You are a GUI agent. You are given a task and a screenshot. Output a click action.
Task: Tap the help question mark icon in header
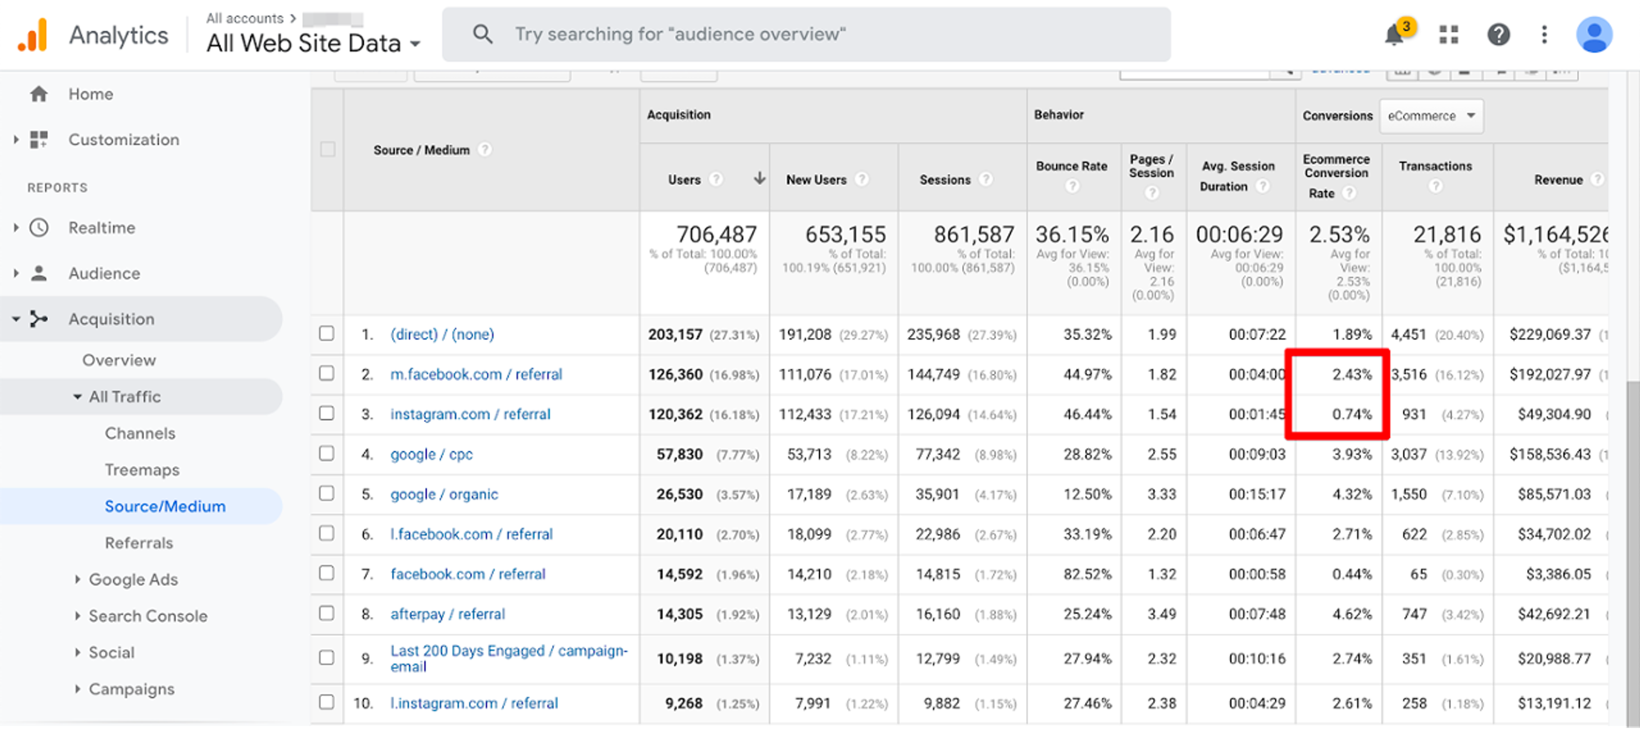click(1498, 35)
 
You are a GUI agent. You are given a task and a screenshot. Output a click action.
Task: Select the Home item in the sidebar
click(91, 94)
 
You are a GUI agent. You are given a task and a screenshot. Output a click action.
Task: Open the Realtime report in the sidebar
click(102, 228)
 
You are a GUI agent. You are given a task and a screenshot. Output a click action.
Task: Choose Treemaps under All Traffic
click(142, 470)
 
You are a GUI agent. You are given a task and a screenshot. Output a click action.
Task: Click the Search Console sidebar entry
click(148, 616)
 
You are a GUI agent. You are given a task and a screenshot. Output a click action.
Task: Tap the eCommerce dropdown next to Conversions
click(1431, 116)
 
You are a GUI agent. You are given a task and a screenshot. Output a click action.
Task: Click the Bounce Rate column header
click(1072, 166)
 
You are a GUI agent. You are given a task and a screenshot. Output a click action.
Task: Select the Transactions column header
click(1435, 166)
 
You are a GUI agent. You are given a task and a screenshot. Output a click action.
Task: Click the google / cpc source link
click(431, 454)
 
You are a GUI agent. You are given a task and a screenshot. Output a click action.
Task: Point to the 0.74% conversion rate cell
click(1352, 415)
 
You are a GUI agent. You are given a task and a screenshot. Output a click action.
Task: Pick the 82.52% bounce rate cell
click(1087, 574)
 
